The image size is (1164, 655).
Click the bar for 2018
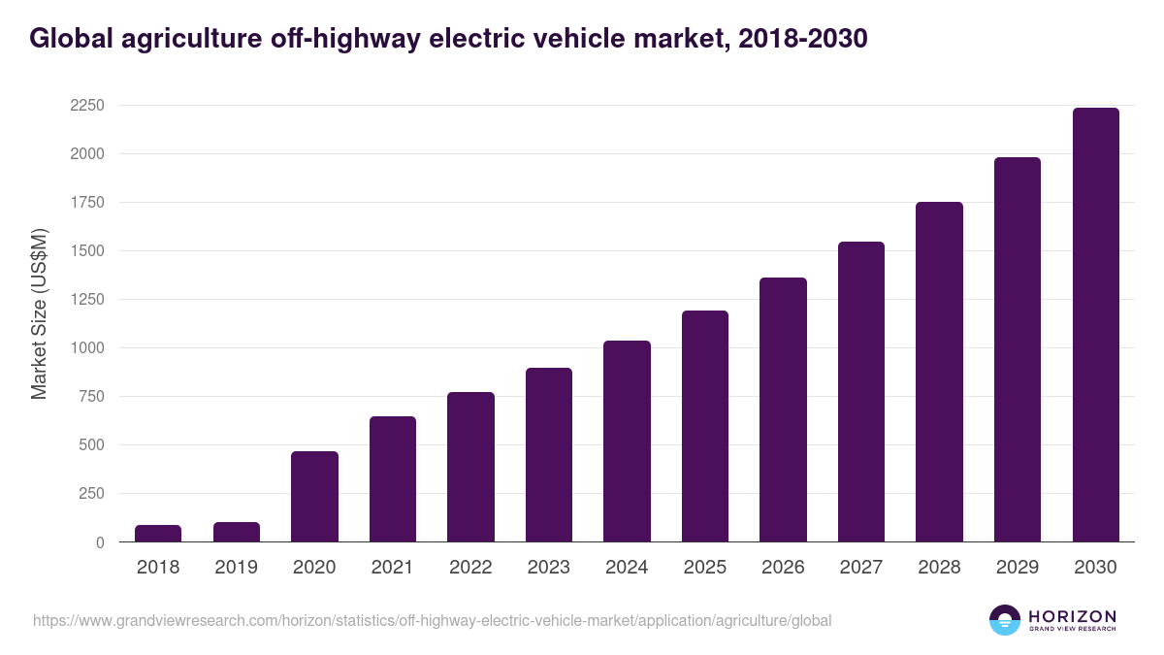(158, 534)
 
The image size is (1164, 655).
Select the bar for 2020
(314, 497)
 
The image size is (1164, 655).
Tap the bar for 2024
(627, 442)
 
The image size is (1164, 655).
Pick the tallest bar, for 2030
(1095, 325)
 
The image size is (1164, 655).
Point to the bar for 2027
(861, 392)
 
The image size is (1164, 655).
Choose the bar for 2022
(470, 467)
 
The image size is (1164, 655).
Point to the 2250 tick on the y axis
(86, 106)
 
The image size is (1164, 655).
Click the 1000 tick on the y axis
(86, 348)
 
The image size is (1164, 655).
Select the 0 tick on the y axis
(100, 542)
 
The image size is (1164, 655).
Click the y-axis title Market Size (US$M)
(39, 313)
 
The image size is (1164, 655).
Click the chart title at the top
(448, 38)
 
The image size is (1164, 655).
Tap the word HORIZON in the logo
(1072, 616)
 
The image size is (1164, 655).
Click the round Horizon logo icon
(1005, 620)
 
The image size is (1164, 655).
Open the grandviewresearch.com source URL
(432, 620)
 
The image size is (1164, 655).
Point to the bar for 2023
(548, 455)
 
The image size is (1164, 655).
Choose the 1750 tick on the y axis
(86, 203)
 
